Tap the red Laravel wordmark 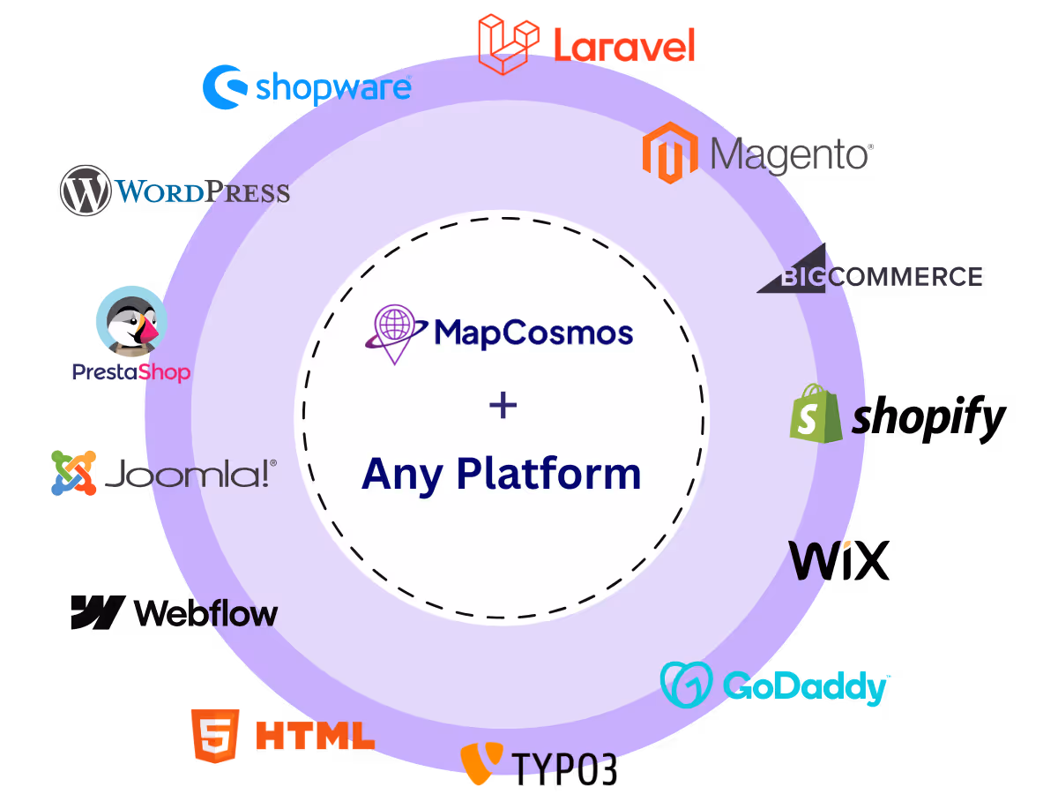click(x=624, y=45)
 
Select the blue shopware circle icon click(x=224, y=86)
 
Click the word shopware click(x=333, y=87)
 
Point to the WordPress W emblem click(x=85, y=191)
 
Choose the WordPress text click(x=203, y=191)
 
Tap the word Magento click(x=791, y=155)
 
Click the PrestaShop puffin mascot click(x=131, y=323)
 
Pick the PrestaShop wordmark click(x=130, y=372)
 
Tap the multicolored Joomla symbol click(x=73, y=473)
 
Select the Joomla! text click(x=190, y=476)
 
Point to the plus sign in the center click(x=503, y=406)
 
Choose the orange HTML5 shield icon click(x=214, y=736)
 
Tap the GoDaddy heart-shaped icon click(x=686, y=685)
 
